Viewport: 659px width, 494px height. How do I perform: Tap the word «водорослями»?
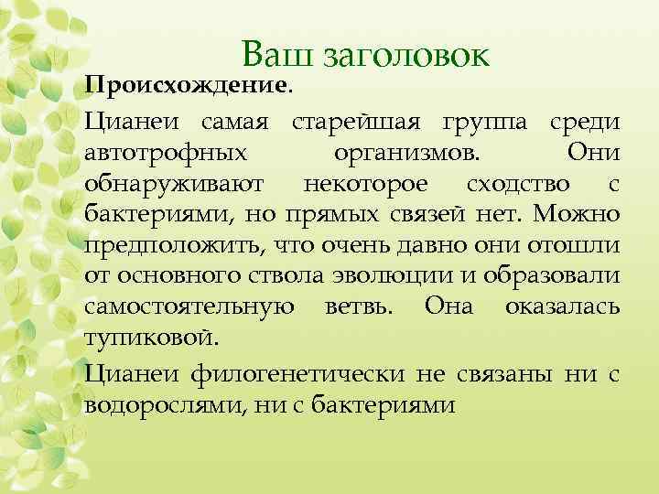pos(163,404)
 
